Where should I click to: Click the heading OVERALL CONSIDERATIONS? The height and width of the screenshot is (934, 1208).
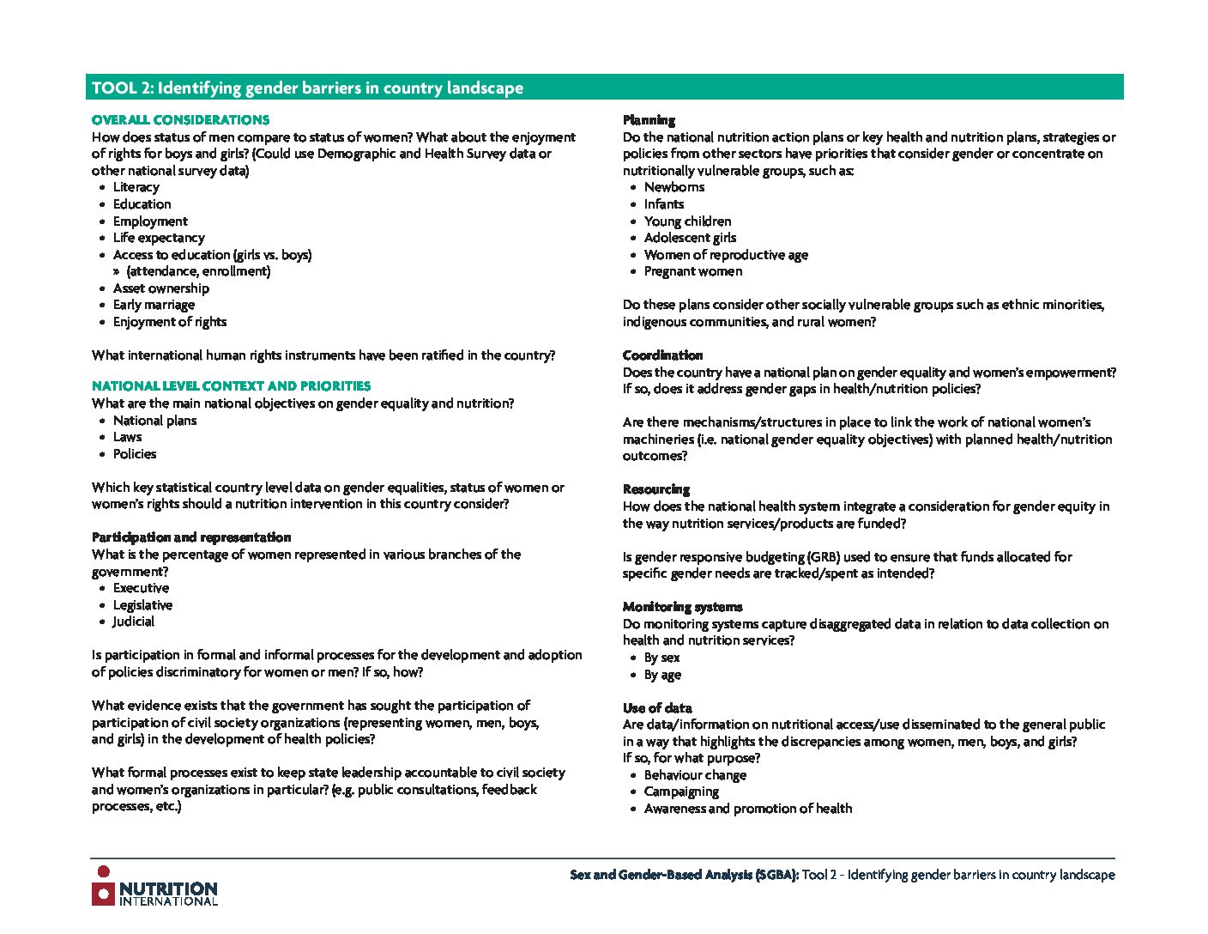[180, 120]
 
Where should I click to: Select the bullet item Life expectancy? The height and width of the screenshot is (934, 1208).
[159, 238]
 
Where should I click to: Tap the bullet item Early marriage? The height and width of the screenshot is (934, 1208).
[154, 305]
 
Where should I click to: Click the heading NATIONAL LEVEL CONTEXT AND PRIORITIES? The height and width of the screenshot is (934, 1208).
[231, 386]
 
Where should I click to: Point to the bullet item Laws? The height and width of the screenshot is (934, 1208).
[127, 437]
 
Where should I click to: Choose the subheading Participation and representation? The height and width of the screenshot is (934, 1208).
[191, 537]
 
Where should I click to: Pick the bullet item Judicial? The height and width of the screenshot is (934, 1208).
[134, 622]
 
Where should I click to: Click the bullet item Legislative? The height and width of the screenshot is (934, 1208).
[142, 605]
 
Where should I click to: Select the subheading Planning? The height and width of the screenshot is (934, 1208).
[649, 120]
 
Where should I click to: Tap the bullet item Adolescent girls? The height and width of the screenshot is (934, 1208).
[690, 238]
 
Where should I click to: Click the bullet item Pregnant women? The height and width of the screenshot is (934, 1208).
[693, 271]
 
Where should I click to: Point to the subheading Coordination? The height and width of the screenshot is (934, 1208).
[662, 355]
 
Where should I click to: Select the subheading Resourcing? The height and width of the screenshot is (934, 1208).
[655, 489]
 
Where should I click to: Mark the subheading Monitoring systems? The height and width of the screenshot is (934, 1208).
[682, 607]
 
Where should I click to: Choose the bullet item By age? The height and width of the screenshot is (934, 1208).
[662, 675]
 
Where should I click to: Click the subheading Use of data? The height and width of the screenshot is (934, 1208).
[657, 708]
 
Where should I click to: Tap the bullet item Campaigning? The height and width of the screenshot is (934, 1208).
[681, 791]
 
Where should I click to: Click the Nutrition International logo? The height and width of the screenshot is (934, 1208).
[154, 887]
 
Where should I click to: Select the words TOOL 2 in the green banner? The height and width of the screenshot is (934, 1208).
[121, 88]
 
